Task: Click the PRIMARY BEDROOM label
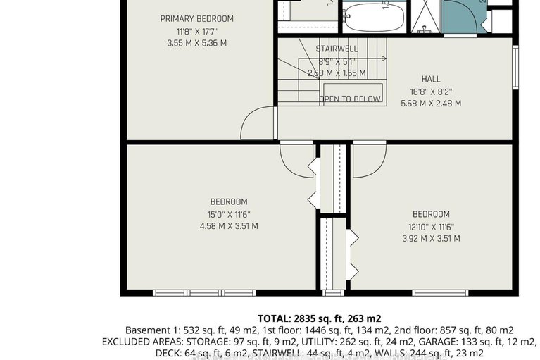pos(196,19)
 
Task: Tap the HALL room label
pos(431,79)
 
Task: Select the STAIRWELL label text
pos(337,49)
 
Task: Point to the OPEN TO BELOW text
pos(351,99)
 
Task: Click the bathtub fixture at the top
pos(375,17)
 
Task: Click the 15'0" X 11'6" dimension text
pos(229,214)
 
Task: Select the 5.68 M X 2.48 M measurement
pos(431,104)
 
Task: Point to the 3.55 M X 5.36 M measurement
pos(196,43)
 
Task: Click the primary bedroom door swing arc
pos(258,124)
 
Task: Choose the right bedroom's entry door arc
pos(369,161)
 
